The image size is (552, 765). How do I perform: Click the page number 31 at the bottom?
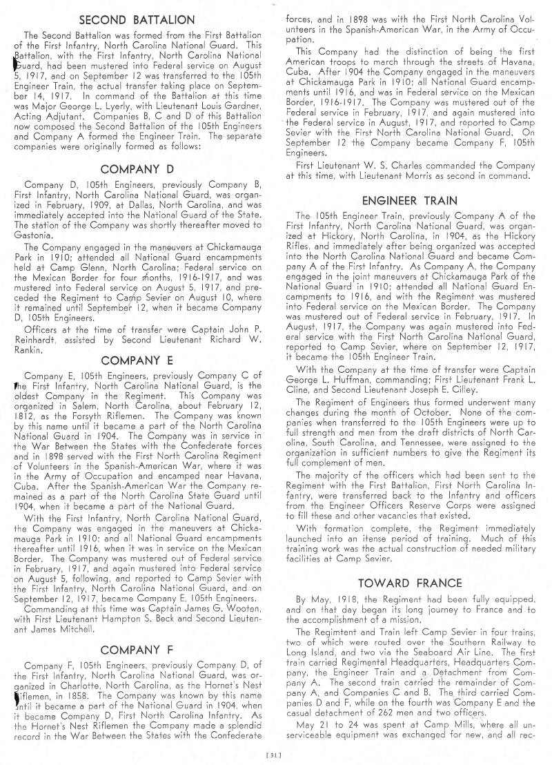pos(276,757)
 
